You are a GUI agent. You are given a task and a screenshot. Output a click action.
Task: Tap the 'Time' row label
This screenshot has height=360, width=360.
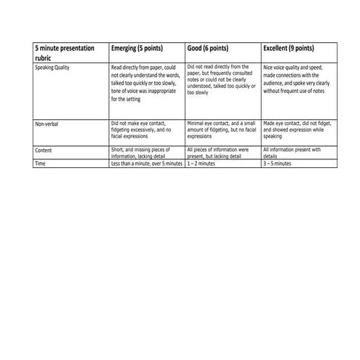(x=41, y=164)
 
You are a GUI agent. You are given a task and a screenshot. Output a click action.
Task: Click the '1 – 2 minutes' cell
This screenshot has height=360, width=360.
(x=201, y=164)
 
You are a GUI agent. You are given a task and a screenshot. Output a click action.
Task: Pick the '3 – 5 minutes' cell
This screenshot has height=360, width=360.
(x=277, y=164)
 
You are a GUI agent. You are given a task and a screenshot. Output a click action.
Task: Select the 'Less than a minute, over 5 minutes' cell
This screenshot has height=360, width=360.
(x=146, y=164)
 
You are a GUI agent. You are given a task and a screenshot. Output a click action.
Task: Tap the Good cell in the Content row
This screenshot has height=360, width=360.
(x=218, y=153)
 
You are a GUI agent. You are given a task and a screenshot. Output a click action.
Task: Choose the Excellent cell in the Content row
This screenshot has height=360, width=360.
(x=291, y=153)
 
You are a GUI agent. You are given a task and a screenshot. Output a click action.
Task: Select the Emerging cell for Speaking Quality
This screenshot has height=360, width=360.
(x=144, y=83)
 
